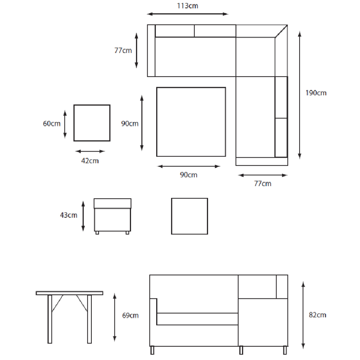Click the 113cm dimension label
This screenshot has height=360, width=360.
tap(187, 6)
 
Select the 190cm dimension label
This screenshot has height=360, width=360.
tap(316, 93)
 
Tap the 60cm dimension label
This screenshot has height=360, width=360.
tap(51, 124)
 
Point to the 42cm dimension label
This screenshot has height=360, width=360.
tap(90, 161)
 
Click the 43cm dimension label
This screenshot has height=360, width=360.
tap(69, 215)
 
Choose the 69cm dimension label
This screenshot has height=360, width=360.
tap(130, 315)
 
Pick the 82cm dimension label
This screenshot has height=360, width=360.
tap(318, 315)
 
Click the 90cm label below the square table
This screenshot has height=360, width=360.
tap(189, 175)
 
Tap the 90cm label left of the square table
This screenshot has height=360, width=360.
tap(130, 124)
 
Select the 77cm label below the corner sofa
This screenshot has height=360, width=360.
tap(263, 184)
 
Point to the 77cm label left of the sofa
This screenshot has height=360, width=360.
tap(123, 50)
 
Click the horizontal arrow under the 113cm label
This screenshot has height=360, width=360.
tap(188, 14)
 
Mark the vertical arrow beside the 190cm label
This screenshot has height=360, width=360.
tap(300, 95)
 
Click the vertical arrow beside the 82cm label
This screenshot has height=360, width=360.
tap(303, 315)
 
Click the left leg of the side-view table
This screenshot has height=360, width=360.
tap(50, 319)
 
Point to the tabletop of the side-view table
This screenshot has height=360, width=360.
tap(69, 293)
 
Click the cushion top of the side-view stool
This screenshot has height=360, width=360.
tap(112, 203)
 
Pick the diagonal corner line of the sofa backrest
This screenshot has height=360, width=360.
tap(281, 31)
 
